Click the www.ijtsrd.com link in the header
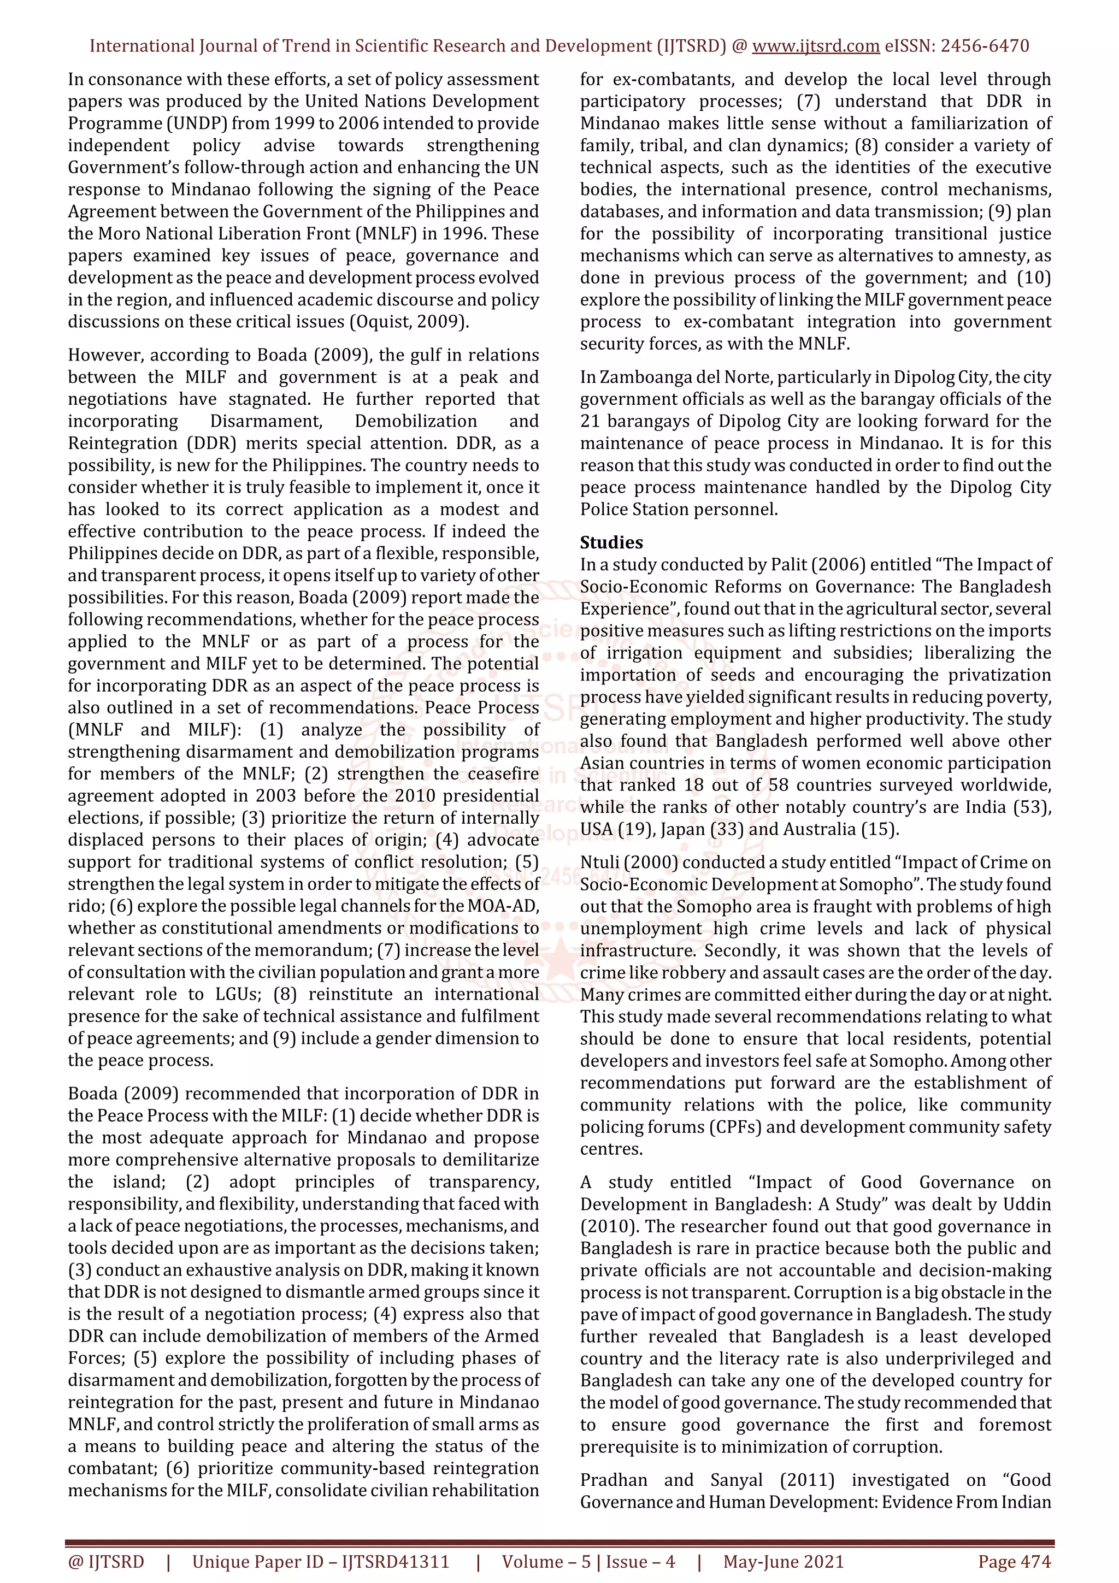pos(815,46)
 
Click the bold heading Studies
pos(611,542)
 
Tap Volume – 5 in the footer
pos(546,1561)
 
